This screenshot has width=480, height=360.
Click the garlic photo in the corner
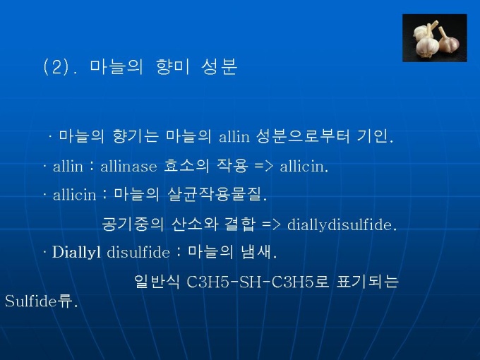[434, 38]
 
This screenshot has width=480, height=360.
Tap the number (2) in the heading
[56, 67]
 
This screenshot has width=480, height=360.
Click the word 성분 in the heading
[220, 67]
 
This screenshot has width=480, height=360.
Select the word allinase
[128, 166]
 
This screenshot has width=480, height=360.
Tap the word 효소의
[186, 166]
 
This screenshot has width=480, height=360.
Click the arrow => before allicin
[263, 167]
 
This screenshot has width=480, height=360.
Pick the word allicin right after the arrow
[304, 166]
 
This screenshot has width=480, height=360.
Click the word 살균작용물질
[217, 194]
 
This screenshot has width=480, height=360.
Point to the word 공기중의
[133, 224]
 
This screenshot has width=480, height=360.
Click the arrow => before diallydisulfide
[271, 224]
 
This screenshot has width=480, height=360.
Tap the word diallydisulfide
[342, 224]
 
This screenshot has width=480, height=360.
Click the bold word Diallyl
[76, 252]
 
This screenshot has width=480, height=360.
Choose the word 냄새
[258, 252]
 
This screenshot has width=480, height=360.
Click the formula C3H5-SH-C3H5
[251, 282]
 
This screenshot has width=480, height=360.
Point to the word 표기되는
[367, 282]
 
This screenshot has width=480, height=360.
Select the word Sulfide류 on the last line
[41, 301]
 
